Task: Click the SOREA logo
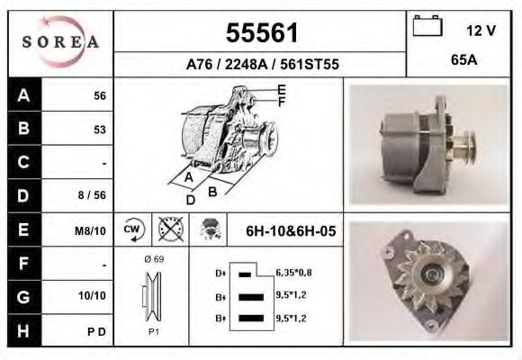tap(60, 42)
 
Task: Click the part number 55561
tap(261, 33)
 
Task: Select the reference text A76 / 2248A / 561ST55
tap(261, 64)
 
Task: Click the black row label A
tap(22, 95)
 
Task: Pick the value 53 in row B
tap(100, 130)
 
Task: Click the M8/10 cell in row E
tap(92, 230)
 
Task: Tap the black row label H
tap(22, 330)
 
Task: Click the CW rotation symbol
tap(133, 229)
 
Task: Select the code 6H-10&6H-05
tap(291, 231)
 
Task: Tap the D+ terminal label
tap(220, 272)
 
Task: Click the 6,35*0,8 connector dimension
tap(293, 272)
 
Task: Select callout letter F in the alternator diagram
tap(282, 102)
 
